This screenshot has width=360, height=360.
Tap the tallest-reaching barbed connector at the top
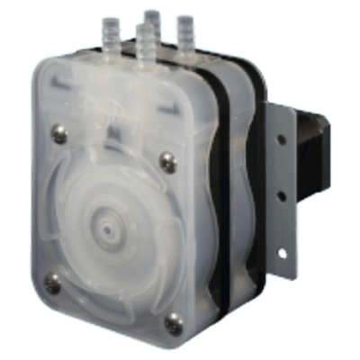(x=152, y=22)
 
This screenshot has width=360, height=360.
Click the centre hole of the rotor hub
(x=109, y=230)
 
